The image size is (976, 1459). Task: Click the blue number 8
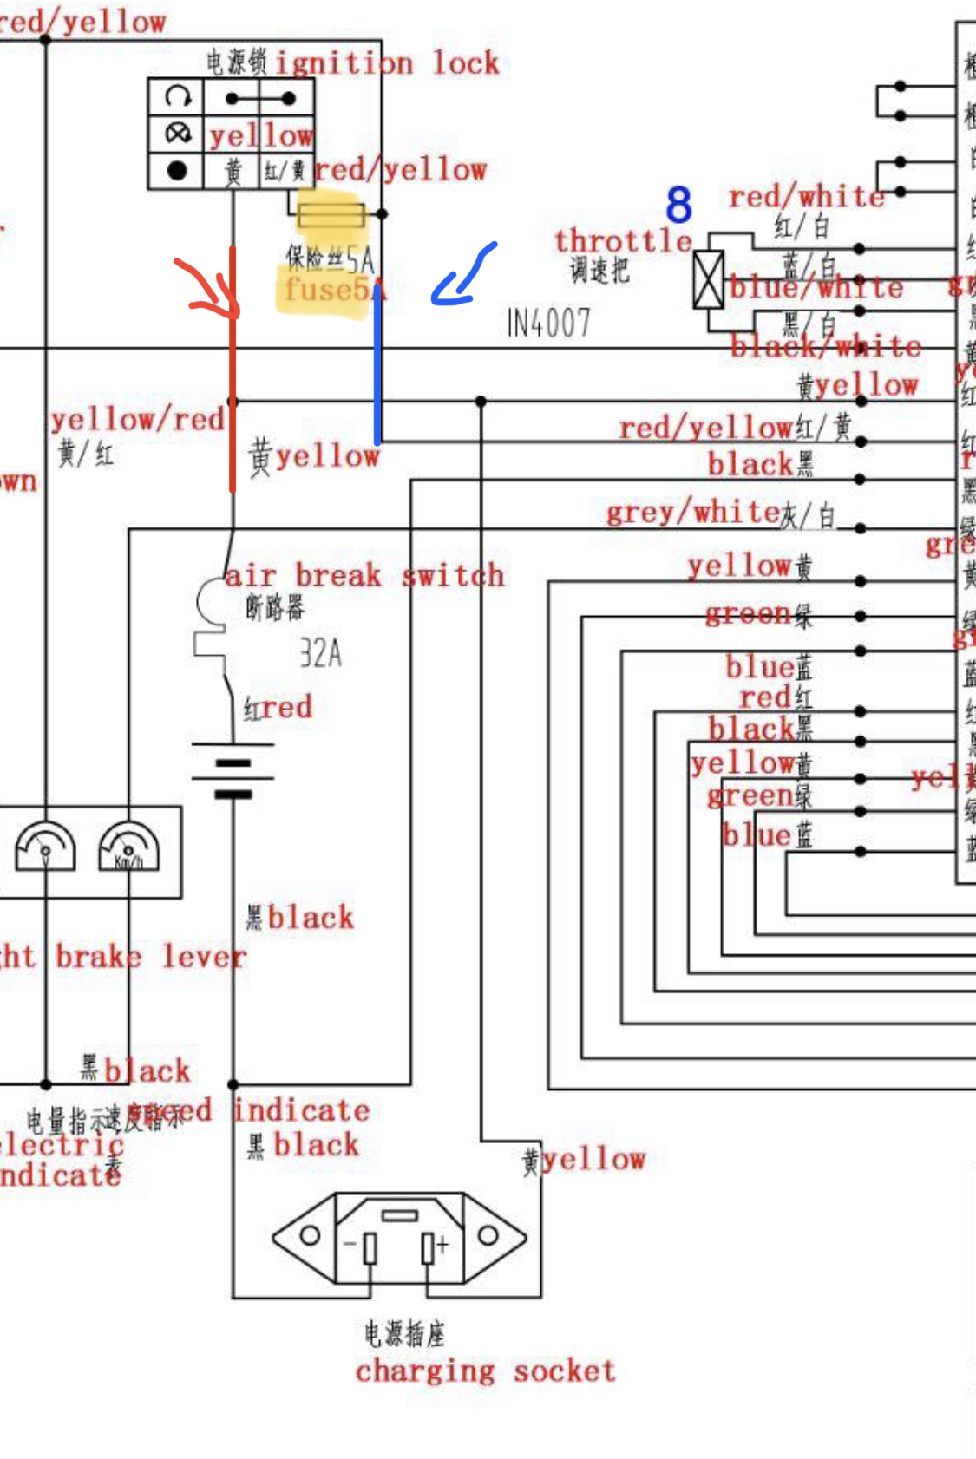coord(678,205)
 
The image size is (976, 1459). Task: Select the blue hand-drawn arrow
coord(465,277)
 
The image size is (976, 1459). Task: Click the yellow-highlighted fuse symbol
coord(331,214)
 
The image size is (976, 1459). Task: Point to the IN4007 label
coord(548,324)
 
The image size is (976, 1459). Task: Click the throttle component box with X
coord(708,279)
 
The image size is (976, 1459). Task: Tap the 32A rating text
coord(320,653)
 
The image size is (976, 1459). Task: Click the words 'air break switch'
coord(364,575)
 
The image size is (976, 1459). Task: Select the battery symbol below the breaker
coord(233,770)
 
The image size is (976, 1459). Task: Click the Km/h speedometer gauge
coord(128,846)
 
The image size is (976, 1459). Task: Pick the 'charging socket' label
coord(485,1371)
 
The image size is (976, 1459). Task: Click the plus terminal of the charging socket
coord(429,1247)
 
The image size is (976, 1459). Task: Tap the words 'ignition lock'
coord(387,62)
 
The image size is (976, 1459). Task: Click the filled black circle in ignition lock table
coord(176,170)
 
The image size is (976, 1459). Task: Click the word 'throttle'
coord(623,240)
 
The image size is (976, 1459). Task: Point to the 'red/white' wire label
coord(806,197)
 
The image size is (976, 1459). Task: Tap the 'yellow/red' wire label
coord(137,420)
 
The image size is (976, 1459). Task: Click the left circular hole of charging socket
coord(309,1235)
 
